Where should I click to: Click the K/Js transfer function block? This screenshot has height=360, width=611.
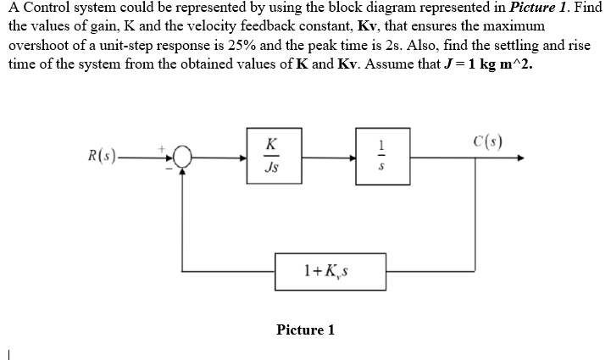coord(269,156)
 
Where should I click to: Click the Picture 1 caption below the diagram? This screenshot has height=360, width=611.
coord(305,330)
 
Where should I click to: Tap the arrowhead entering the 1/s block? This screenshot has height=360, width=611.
coord(350,158)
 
